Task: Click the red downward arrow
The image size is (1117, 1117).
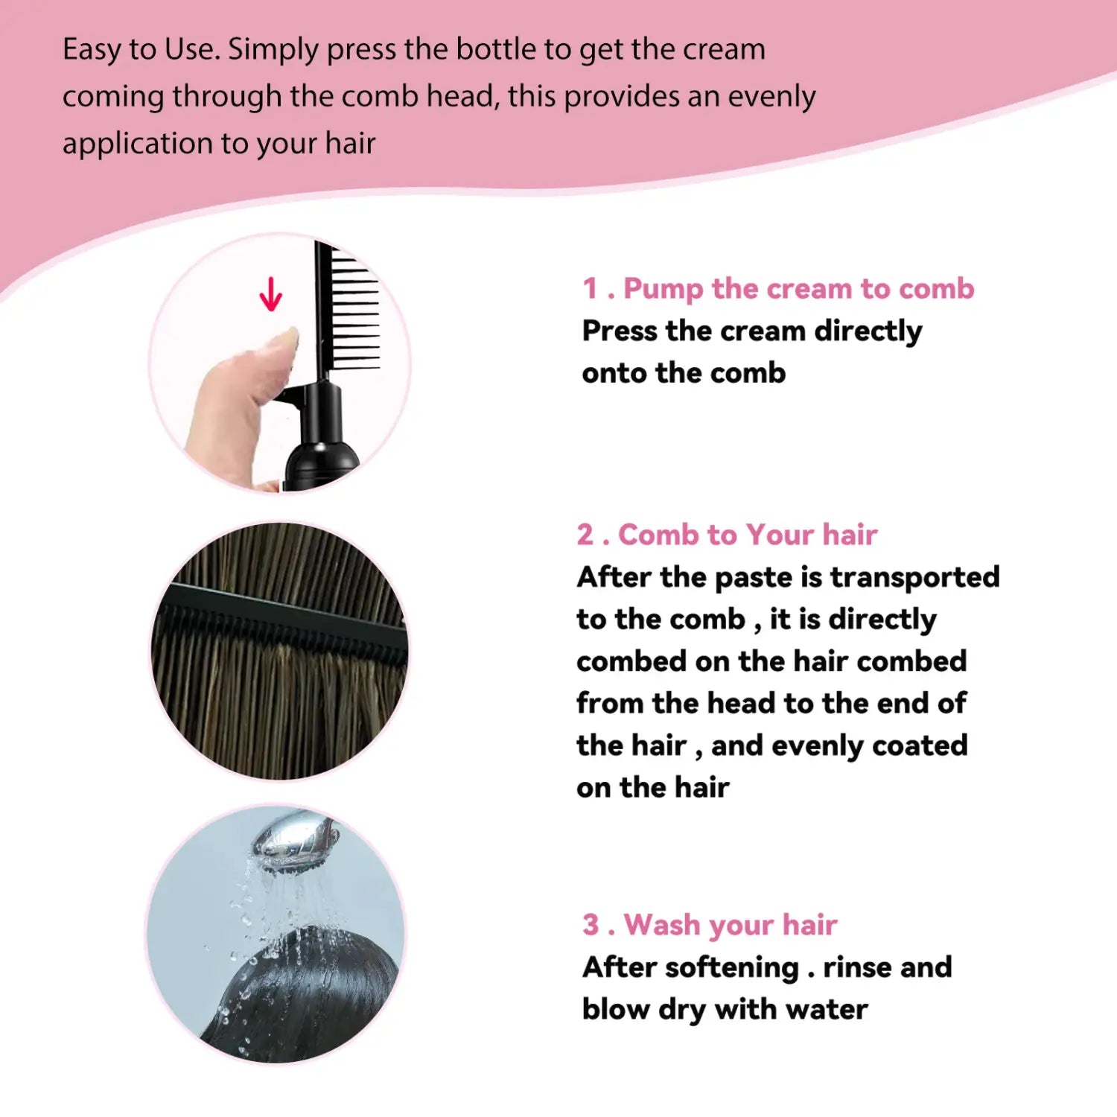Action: tap(270, 294)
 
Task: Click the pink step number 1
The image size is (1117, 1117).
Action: tap(590, 288)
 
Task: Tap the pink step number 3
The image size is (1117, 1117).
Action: tap(591, 925)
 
